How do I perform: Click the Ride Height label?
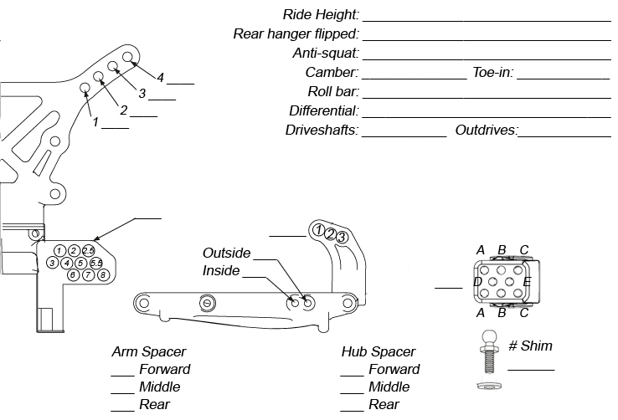[x=321, y=14]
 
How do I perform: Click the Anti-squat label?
[x=325, y=53]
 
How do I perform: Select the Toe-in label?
[x=492, y=72]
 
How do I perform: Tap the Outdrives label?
[x=487, y=131]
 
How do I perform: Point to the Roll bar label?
[x=332, y=91]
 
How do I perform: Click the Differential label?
[x=323, y=110]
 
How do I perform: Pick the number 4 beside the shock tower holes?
[x=160, y=78]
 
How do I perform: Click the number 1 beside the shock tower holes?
[x=95, y=122]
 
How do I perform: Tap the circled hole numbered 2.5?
[x=89, y=250]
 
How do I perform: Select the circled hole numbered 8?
[x=102, y=274]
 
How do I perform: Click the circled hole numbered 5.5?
[x=95, y=263]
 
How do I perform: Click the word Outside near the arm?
[x=226, y=253]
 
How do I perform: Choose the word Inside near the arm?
[x=221, y=271]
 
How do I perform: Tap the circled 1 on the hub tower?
[x=319, y=229]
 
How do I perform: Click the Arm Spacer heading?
[x=149, y=351]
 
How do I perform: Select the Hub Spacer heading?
[x=379, y=351]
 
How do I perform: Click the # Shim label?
[x=530, y=346]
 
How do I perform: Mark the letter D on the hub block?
[x=477, y=282]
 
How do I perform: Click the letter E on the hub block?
[x=526, y=282]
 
